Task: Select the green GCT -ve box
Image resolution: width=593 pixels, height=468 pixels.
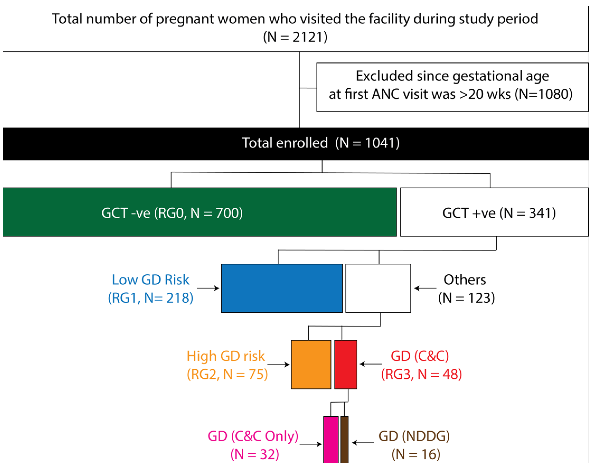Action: tap(200, 212)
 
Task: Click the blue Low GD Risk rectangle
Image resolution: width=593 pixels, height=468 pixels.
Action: tap(282, 288)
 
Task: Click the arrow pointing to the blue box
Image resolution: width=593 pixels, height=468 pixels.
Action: tap(208, 288)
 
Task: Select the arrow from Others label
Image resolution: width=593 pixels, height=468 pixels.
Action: tap(425, 288)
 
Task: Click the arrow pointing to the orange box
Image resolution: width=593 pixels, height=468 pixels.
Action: tap(278, 364)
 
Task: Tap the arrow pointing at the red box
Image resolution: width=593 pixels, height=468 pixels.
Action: tap(370, 364)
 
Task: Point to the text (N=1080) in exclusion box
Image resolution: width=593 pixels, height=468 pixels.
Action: tap(543, 94)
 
